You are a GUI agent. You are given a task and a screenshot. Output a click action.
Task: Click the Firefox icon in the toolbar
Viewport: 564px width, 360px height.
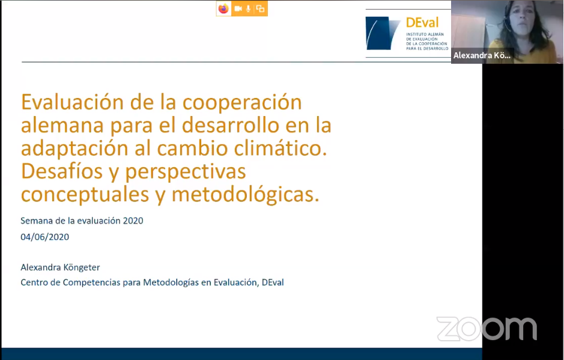point(223,8)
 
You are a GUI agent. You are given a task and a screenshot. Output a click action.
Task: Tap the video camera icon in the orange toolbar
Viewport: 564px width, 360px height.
point(238,8)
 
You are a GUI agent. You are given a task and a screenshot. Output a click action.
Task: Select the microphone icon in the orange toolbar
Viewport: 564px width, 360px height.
point(248,8)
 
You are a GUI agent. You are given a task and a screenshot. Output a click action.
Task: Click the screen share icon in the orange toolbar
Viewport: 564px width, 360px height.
point(260,8)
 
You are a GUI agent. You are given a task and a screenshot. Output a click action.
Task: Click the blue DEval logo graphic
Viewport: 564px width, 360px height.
point(383,33)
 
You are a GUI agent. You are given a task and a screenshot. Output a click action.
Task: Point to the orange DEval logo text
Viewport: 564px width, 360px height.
point(422,23)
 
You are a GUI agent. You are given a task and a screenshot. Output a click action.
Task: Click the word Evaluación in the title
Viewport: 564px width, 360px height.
point(73,102)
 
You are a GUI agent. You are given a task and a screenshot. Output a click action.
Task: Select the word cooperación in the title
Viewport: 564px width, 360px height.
point(242,103)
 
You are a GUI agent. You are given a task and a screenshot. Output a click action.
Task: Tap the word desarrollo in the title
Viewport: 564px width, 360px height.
point(231,125)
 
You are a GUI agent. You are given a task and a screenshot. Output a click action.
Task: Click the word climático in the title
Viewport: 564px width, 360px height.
point(280,148)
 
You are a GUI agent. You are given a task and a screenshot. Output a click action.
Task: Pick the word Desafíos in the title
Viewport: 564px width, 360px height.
point(62,171)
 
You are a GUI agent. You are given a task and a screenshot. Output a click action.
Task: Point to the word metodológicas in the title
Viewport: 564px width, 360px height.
point(245,194)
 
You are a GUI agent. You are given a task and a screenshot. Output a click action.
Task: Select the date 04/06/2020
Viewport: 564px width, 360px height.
point(44,237)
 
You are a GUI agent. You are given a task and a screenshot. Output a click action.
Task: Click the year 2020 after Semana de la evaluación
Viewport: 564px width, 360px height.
point(133,221)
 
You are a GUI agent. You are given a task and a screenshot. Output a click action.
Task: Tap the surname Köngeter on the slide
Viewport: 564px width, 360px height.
point(81,267)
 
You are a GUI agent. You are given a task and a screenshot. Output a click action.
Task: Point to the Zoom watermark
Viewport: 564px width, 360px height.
point(487,328)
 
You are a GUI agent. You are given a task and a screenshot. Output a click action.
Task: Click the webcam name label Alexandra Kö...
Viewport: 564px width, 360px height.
point(482,55)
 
